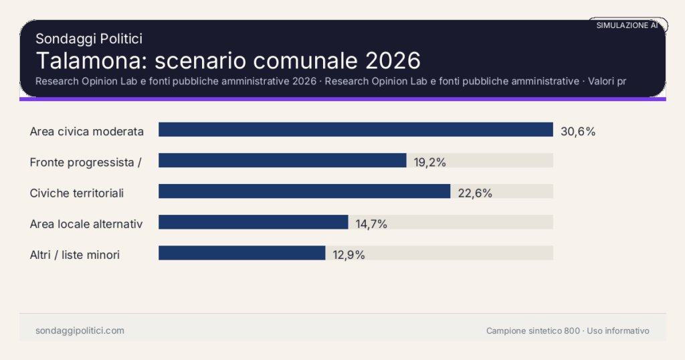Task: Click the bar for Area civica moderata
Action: tap(355, 130)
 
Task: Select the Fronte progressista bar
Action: tap(282, 161)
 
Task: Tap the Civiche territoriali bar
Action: tap(304, 191)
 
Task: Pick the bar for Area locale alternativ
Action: tap(254, 222)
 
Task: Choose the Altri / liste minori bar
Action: tap(241, 253)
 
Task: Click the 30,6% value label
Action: tap(578, 131)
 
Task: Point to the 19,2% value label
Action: tap(429, 162)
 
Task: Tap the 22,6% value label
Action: tap(475, 193)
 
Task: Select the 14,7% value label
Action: tap(371, 224)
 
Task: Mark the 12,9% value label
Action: tap(349, 255)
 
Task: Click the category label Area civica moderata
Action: tap(87, 131)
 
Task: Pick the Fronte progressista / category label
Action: tap(85, 162)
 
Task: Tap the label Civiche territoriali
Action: tap(77, 193)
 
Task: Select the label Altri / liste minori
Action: tap(75, 255)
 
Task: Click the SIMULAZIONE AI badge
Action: tap(627, 25)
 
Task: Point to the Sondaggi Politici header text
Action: tap(88, 39)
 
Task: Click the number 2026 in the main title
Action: tap(393, 60)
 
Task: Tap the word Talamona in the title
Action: tap(91, 60)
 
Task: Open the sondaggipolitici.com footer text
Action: tap(80, 331)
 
